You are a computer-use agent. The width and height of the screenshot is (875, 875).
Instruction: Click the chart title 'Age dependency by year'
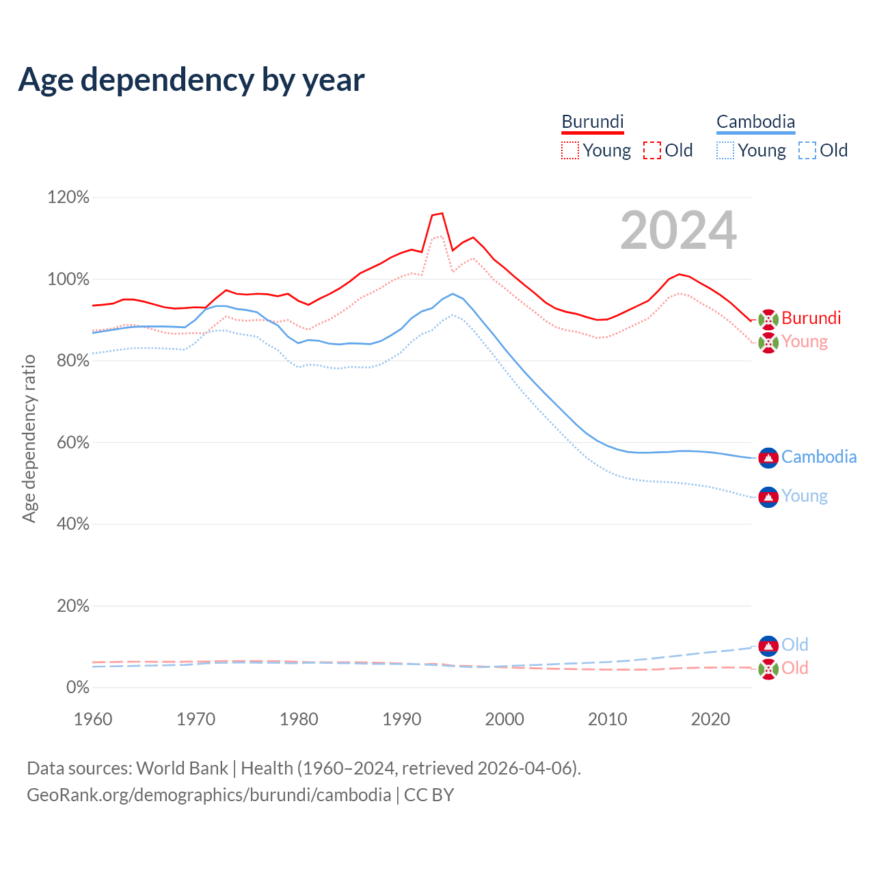coord(191,80)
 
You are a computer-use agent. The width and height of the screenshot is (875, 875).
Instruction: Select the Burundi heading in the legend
coord(593,122)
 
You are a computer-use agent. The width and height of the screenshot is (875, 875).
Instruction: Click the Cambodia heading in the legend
coord(755,122)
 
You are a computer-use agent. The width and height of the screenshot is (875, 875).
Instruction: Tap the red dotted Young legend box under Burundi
coord(569,150)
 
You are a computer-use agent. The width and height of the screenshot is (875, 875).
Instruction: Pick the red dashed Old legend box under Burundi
coord(652,150)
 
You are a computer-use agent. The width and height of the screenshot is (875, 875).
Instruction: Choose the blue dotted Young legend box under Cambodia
coord(725,150)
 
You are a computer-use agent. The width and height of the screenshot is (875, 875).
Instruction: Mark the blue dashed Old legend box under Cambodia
coord(807,150)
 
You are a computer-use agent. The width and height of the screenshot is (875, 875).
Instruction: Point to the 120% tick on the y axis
coord(68,198)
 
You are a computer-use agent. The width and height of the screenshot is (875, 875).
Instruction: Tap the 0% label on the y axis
coord(77,687)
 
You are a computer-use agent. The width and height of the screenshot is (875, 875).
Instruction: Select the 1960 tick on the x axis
coord(93,719)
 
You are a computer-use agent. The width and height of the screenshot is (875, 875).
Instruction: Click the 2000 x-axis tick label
coord(504,719)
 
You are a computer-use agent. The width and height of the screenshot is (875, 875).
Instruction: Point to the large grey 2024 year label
coord(678,230)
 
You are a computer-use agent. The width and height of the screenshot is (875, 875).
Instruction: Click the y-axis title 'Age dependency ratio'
coord(29,438)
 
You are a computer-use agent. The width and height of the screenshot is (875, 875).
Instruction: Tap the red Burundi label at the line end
coord(811,318)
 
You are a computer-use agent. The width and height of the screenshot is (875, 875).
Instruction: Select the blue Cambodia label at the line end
coord(819,457)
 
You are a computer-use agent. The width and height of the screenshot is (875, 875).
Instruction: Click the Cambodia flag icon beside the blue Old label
coord(768,645)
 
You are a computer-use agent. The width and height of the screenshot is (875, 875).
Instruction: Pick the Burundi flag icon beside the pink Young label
coord(768,342)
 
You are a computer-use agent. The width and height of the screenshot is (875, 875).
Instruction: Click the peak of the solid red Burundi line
coord(442,213)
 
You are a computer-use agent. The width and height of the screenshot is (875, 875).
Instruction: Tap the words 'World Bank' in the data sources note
coord(182,768)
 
